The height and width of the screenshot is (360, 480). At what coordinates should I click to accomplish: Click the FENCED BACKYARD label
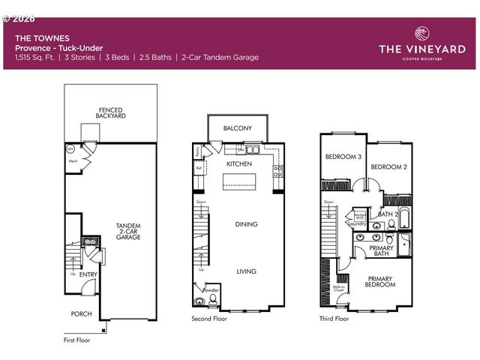[x=111, y=112]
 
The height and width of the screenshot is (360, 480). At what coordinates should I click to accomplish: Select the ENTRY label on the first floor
[x=88, y=274]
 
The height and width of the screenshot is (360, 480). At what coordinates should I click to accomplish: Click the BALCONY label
[x=237, y=129]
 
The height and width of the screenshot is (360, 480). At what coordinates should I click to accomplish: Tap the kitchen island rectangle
[x=238, y=182]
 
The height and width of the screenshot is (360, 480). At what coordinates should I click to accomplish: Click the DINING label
[x=245, y=223]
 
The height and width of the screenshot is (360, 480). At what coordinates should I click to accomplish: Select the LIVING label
[x=246, y=271]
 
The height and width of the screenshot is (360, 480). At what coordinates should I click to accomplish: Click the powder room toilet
[x=213, y=300]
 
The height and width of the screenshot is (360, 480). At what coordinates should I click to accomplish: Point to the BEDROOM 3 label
[x=343, y=156]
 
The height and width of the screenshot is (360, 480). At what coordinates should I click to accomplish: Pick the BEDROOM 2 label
[x=388, y=166]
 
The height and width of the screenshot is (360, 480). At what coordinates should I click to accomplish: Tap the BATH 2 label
[x=387, y=214]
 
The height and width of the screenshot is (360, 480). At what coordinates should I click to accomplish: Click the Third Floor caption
[x=334, y=319]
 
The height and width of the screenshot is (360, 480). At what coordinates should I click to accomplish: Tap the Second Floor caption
[x=209, y=319]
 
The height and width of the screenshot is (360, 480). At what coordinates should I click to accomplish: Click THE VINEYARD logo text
[x=421, y=49]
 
